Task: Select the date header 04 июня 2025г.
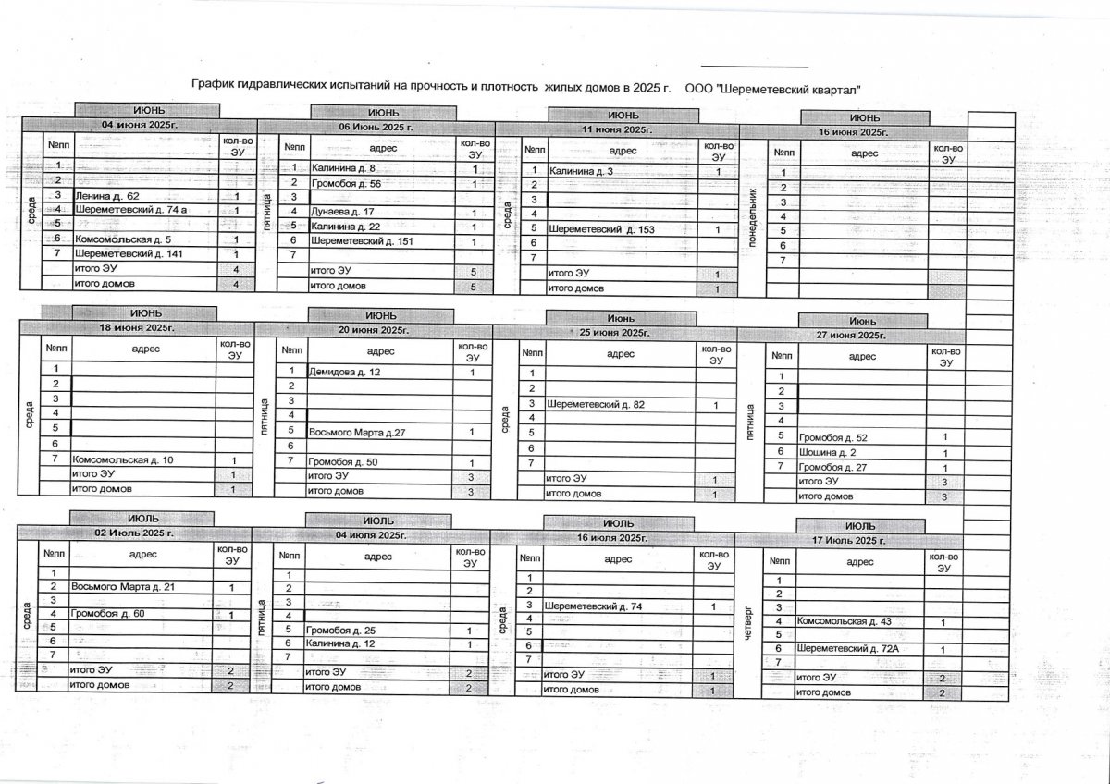click(139, 125)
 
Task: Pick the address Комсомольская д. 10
click(122, 459)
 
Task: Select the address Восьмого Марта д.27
click(357, 432)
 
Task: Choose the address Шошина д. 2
click(827, 452)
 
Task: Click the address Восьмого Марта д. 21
click(122, 587)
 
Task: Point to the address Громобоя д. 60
click(108, 614)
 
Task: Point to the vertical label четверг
click(750, 622)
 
